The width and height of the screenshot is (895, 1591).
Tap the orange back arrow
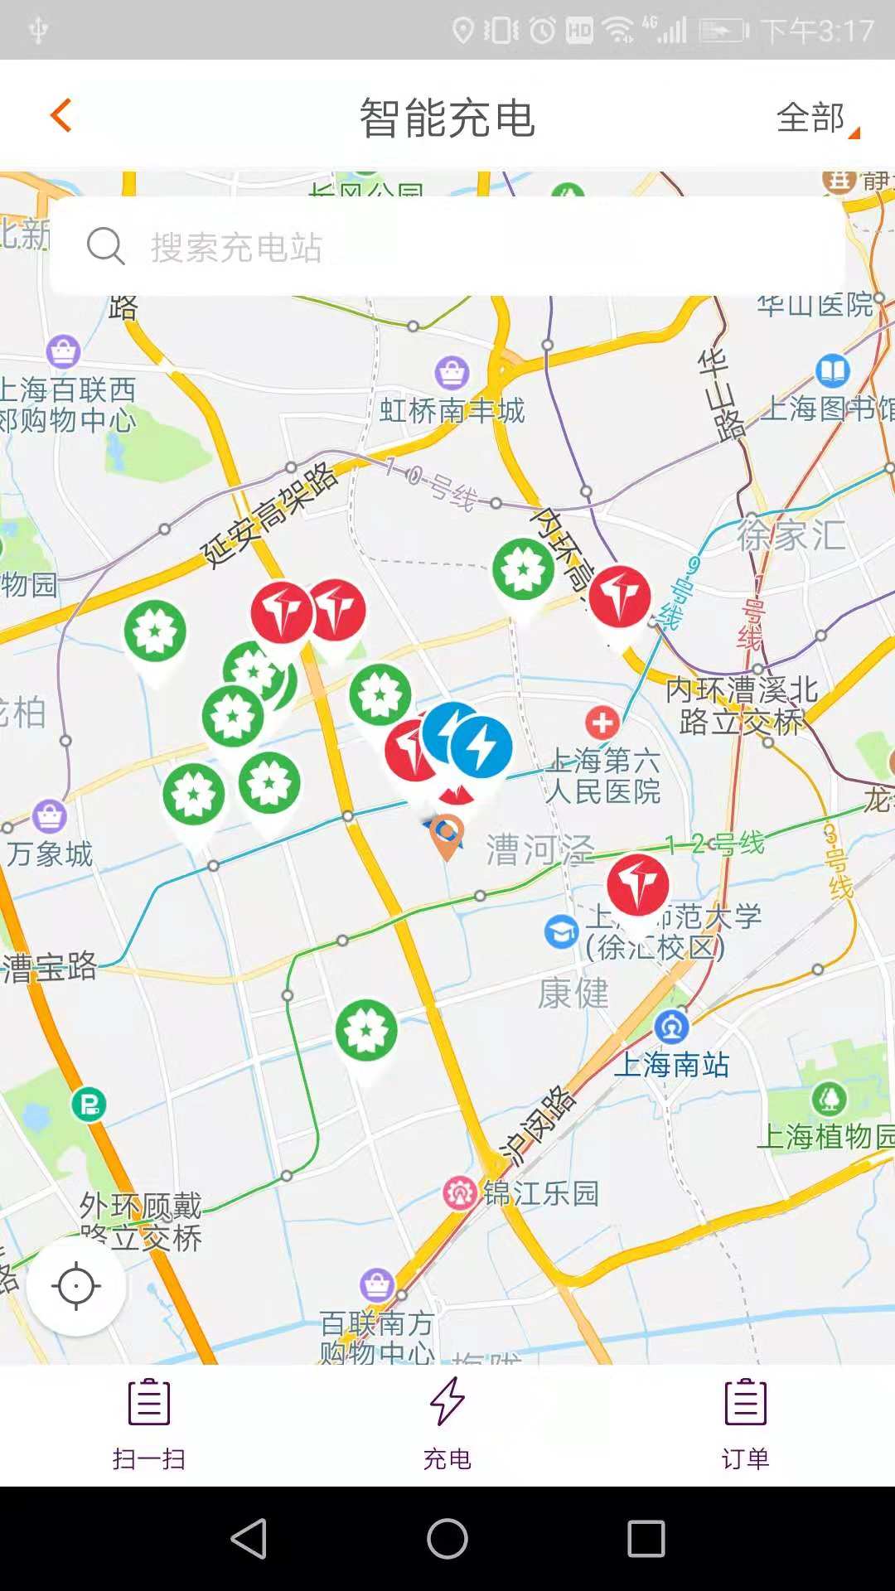[x=61, y=115]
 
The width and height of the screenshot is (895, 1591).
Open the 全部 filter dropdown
[x=816, y=118]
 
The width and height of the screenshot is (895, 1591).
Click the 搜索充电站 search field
[x=447, y=246]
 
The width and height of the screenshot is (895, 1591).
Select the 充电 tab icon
[x=447, y=1402]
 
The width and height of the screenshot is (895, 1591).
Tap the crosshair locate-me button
[x=76, y=1286]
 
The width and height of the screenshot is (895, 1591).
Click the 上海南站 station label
[x=671, y=1065]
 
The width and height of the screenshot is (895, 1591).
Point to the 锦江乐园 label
[x=540, y=1193]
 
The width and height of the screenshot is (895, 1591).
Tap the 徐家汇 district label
[x=791, y=535]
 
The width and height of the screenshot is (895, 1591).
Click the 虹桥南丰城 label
[x=452, y=410]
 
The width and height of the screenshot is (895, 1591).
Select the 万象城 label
[x=50, y=854]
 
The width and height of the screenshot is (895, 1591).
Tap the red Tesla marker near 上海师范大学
[x=637, y=885]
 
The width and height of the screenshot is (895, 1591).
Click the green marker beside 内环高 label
[x=523, y=570]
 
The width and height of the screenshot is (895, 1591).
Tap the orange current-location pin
[x=447, y=834]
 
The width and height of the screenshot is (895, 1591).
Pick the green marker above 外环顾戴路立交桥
[x=366, y=1031]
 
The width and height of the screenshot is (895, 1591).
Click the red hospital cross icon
[x=602, y=723]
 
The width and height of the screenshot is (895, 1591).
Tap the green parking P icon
[x=89, y=1104]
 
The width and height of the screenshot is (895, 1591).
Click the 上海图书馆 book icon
[x=832, y=370]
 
